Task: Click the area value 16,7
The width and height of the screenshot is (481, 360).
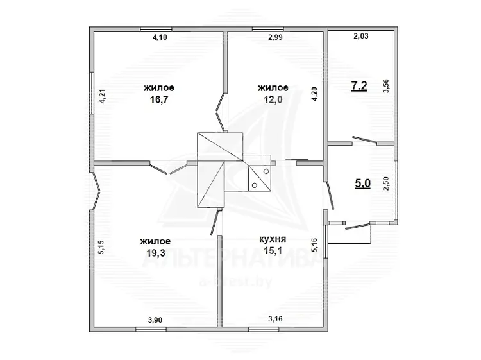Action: tap(159, 99)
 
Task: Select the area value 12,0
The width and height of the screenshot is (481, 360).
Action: tap(273, 99)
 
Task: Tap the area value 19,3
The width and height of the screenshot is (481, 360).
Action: tap(156, 253)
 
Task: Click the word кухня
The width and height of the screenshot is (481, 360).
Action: tap(273, 239)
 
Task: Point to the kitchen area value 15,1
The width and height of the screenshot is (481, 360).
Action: tap(273, 251)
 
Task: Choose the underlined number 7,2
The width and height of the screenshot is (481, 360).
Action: tap(359, 86)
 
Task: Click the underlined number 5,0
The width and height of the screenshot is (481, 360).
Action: tap(362, 184)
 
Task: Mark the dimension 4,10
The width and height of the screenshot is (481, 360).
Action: tap(160, 37)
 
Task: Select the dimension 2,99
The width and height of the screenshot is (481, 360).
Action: tap(275, 37)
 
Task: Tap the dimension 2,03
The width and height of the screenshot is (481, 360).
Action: tap(361, 36)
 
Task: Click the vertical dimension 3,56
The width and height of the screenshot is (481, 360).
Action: tap(386, 86)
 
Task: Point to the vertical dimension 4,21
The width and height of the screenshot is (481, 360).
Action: tap(103, 96)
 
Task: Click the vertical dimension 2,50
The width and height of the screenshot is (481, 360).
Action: tap(386, 184)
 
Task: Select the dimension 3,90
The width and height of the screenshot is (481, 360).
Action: tap(155, 320)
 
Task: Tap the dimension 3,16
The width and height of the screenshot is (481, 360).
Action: tap(275, 319)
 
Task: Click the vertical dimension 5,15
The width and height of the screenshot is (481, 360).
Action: tap(101, 247)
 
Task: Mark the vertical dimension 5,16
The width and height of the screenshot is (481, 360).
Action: tap(315, 245)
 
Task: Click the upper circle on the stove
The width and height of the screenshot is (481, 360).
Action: tap(266, 171)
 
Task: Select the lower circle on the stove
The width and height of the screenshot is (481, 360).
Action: tap(255, 185)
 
